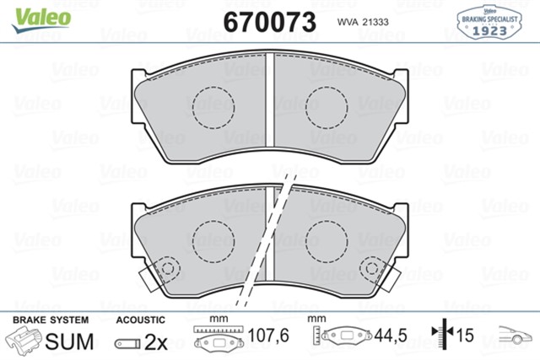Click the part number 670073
270,22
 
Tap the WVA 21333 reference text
363,22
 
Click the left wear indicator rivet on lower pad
168,268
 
